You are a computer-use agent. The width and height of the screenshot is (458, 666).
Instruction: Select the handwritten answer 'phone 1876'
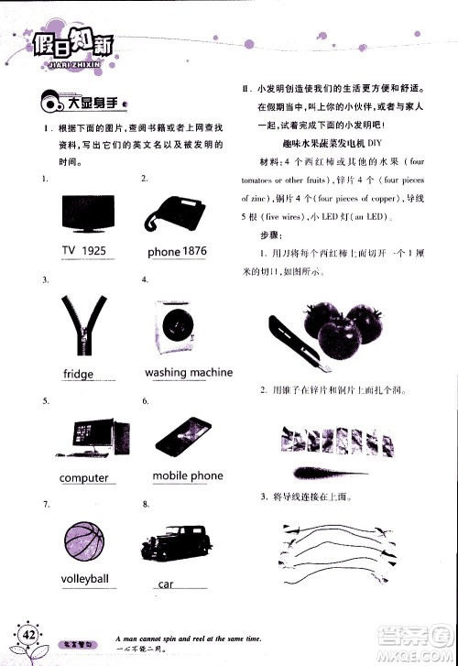coord(177,251)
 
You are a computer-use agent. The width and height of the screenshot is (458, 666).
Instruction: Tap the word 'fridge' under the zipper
coord(79,374)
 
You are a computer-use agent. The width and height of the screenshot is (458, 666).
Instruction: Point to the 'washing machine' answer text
coord(188,373)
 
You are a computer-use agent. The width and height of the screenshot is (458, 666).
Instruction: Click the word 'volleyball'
coord(84,579)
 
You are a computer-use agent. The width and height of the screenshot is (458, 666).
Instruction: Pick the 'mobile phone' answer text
coord(187,476)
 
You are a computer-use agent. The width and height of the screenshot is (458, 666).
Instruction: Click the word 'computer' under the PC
coord(83,478)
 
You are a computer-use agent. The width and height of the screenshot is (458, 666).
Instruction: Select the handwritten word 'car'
coord(166,584)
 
